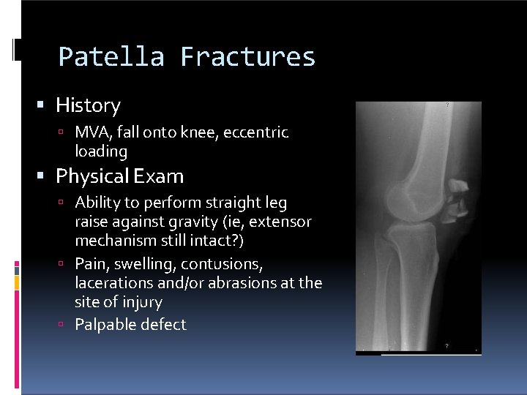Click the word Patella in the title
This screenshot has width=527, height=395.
click(x=111, y=57)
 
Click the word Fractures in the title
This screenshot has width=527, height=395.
click(x=247, y=57)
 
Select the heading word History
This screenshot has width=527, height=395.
click(x=88, y=106)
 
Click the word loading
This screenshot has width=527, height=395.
click(x=101, y=151)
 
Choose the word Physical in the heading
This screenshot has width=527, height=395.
click(x=91, y=176)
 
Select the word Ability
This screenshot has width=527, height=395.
click(x=97, y=203)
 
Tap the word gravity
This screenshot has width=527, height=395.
click(x=212, y=222)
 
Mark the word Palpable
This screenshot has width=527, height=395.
click(x=104, y=324)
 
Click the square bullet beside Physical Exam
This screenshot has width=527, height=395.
click(x=45, y=177)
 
